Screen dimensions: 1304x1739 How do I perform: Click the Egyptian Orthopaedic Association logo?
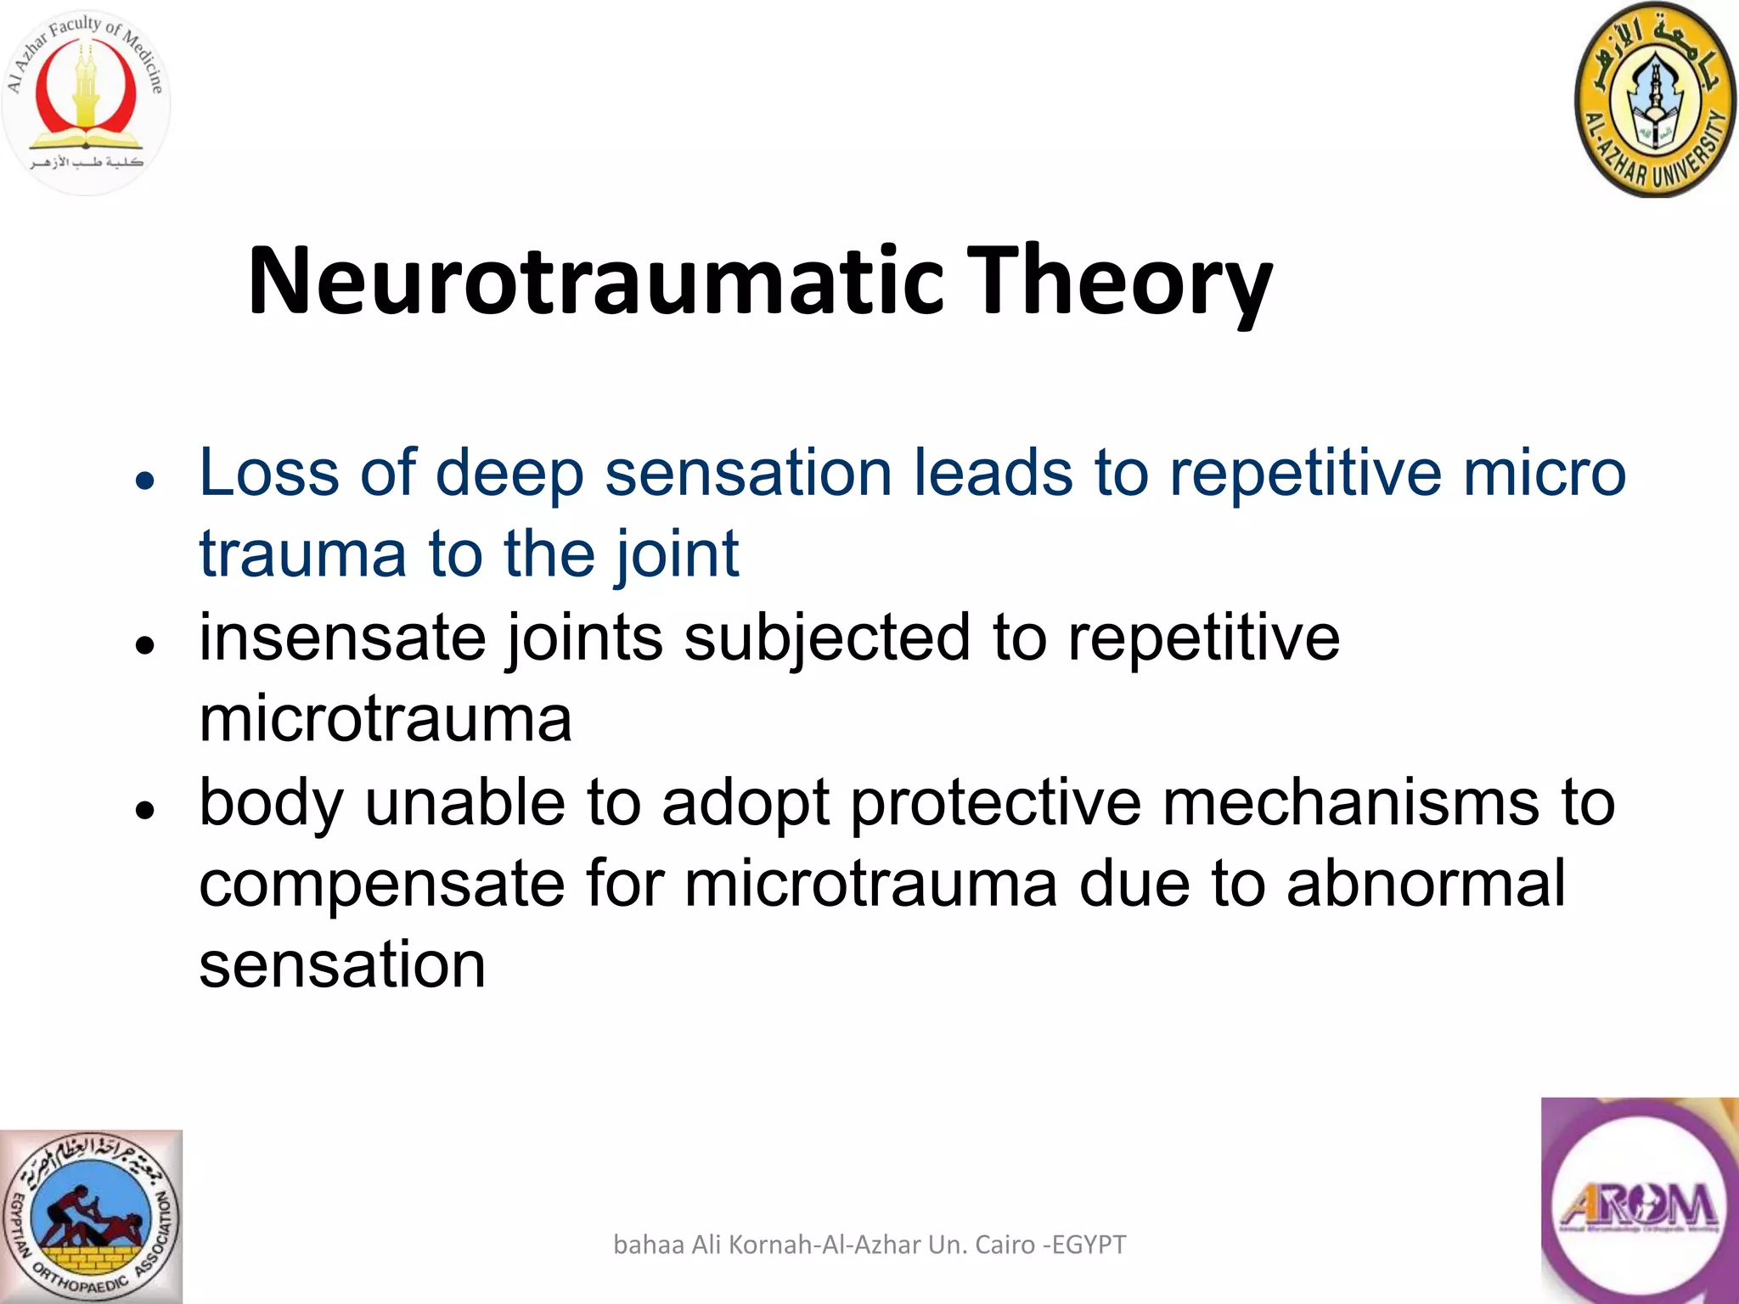click(91, 1216)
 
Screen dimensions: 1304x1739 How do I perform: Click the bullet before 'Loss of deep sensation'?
click(146, 481)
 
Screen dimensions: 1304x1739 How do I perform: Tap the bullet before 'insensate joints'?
click(146, 645)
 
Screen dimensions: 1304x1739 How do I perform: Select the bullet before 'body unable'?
click(146, 810)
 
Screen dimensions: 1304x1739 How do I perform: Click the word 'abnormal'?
click(1426, 883)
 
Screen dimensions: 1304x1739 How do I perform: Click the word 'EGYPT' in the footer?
click(1089, 1245)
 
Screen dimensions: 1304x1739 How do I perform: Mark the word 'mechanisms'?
click(1349, 801)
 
